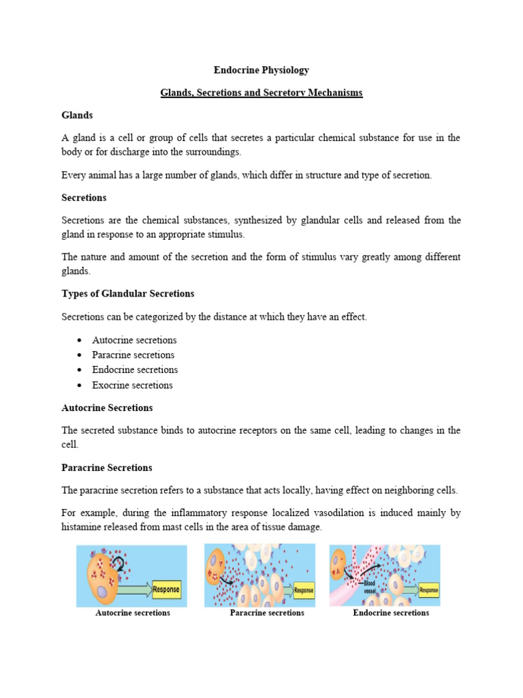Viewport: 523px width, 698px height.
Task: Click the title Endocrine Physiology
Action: click(x=261, y=70)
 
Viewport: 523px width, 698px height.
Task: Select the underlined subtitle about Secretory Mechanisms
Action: click(x=261, y=93)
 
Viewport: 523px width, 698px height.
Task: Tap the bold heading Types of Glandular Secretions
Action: click(x=128, y=294)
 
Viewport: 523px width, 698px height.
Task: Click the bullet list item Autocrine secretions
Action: click(x=134, y=340)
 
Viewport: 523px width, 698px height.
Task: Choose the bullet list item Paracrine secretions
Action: click(x=133, y=355)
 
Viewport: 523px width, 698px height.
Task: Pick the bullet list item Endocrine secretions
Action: click(x=135, y=370)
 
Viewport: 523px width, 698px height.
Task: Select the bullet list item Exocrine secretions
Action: click(x=133, y=385)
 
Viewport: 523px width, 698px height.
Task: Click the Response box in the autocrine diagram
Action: click(x=165, y=590)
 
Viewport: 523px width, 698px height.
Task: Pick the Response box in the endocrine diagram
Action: click(x=428, y=590)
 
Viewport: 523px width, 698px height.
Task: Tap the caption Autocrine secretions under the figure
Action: click(x=133, y=613)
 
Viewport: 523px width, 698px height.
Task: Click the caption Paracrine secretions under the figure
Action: click(x=267, y=613)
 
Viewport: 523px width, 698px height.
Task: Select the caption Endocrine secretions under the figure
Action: click(x=391, y=613)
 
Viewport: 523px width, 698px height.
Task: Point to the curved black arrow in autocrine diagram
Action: click(x=120, y=562)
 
